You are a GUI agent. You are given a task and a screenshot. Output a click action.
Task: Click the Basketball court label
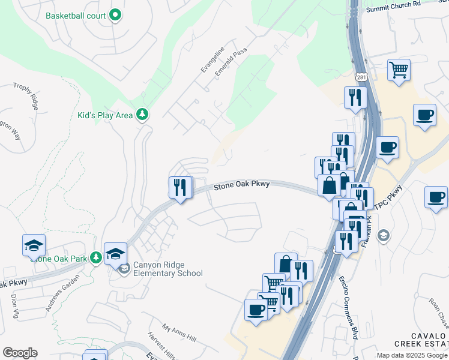click(x=76, y=16)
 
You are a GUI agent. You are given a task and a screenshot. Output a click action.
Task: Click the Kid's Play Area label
click(x=105, y=115)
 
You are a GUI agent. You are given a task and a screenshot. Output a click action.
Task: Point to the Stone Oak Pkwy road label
click(x=241, y=186)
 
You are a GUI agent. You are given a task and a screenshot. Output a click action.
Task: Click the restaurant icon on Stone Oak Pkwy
click(x=181, y=187)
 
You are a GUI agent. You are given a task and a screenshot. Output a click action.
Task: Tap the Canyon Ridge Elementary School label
click(x=168, y=269)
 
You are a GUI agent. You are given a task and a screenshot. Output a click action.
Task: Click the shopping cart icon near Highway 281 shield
click(x=399, y=70)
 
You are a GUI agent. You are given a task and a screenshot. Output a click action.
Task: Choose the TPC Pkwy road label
click(x=391, y=199)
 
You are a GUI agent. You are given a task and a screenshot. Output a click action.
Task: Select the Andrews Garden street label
click(x=62, y=292)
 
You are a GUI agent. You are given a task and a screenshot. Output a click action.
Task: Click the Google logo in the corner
click(x=20, y=353)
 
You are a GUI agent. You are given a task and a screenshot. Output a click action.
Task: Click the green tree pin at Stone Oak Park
click(x=95, y=257)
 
